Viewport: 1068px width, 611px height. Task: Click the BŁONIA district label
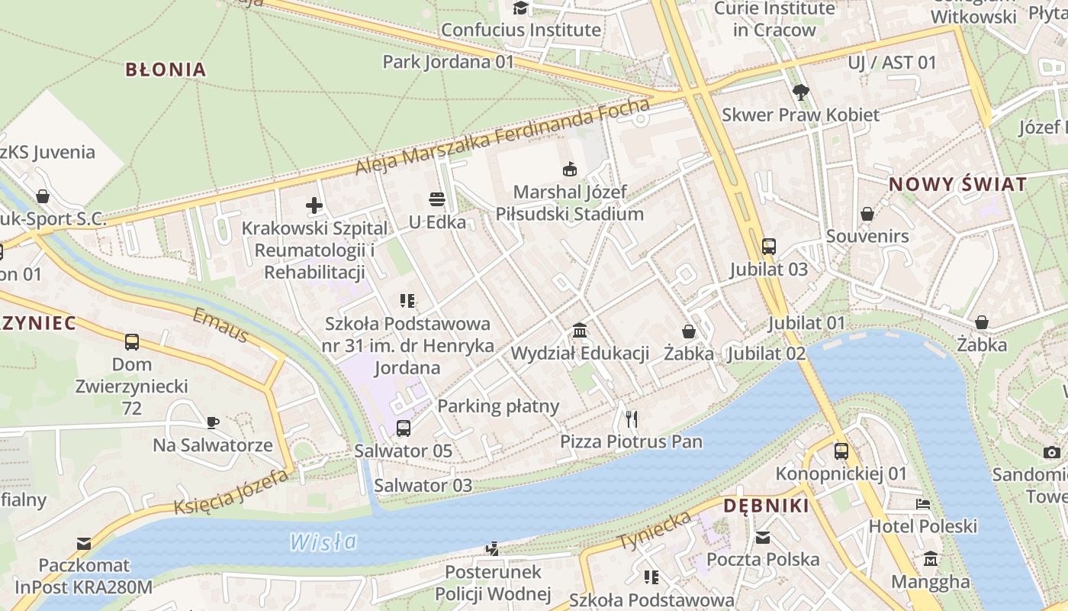point(166,70)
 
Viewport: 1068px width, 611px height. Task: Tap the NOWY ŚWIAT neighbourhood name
point(957,184)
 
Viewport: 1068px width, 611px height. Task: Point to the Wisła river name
point(323,542)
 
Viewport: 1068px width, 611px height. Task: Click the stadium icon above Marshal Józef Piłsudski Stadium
point(569,169)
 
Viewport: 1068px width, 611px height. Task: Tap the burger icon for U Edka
point(437,199)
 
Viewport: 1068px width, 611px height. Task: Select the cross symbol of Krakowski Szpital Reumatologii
point(314,205)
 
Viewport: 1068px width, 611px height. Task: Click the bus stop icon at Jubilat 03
point(769,247)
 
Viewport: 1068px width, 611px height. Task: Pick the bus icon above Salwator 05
point(404,428)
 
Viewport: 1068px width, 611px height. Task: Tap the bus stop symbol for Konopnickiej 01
point(841,451)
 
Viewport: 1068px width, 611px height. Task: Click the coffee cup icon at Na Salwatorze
point(213,422)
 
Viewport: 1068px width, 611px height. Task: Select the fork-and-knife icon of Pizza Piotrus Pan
point(631,419)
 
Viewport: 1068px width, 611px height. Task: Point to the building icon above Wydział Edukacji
point(580,331)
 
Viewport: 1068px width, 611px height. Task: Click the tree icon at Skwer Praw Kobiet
point(800,92)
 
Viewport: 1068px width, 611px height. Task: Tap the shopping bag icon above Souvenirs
point(867,214)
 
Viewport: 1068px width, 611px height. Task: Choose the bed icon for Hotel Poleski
point(923,504)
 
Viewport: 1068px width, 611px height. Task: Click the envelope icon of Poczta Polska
point(763,537)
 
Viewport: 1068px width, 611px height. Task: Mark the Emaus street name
point(220,326)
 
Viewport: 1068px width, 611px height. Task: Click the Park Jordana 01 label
point(449,62)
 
